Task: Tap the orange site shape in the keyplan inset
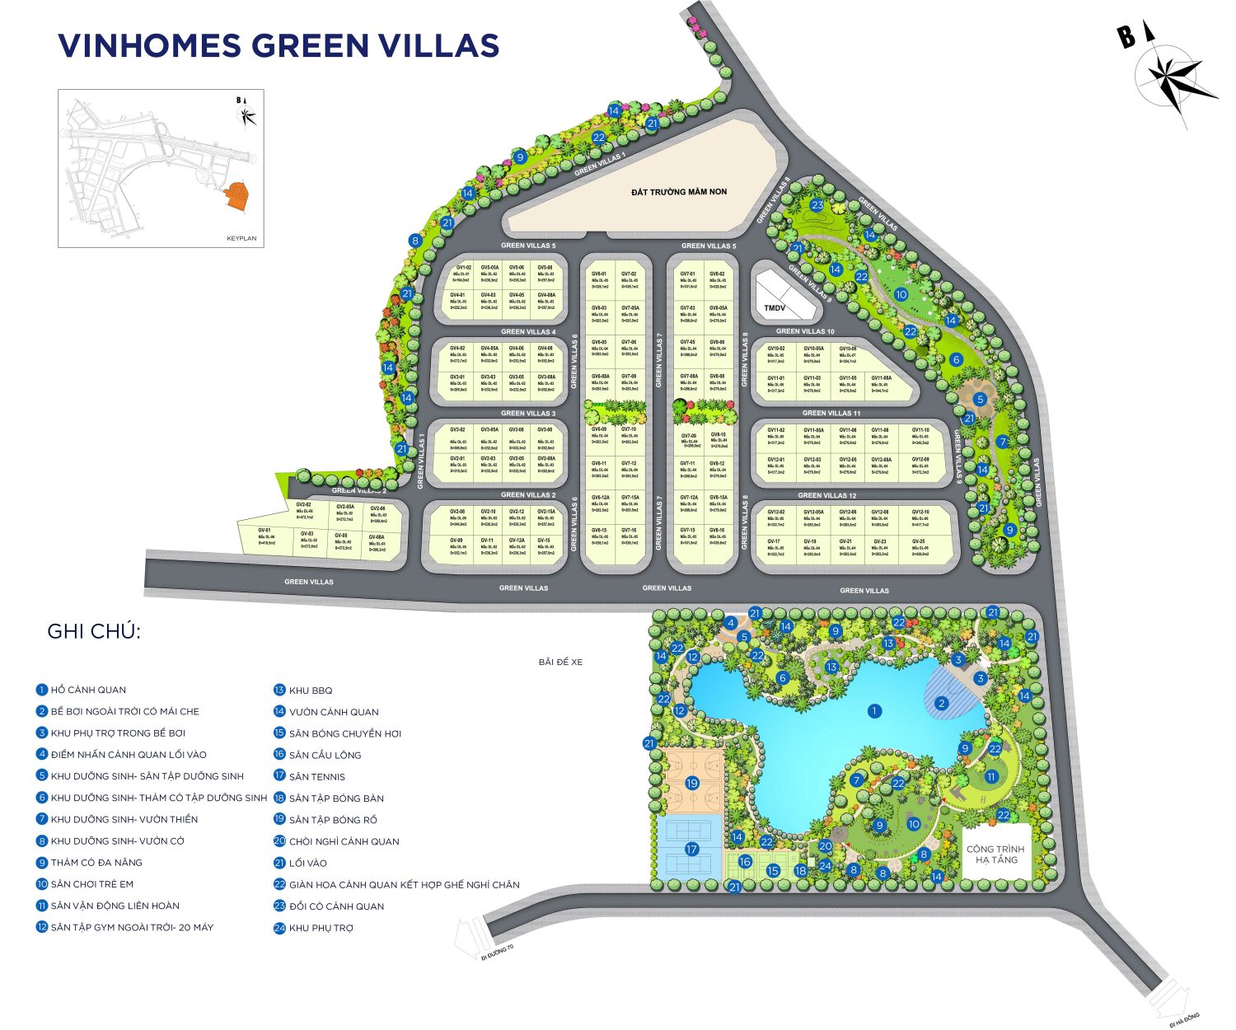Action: (237, 194)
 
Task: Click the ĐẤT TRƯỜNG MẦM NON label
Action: (679, 192)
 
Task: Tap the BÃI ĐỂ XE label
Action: (560, 662)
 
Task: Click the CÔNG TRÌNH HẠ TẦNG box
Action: (995, 854)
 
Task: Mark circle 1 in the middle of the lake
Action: (874, 710)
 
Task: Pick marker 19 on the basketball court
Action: (692, 783)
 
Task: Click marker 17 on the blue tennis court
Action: (691, 849)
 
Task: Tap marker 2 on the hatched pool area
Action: (942, 704)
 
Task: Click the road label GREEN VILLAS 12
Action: (827, 495)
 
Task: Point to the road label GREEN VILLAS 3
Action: (528, 414)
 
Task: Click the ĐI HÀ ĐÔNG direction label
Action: (1184, 1018)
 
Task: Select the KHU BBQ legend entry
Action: (310, 691)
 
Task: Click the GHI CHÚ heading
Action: (94, 632)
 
